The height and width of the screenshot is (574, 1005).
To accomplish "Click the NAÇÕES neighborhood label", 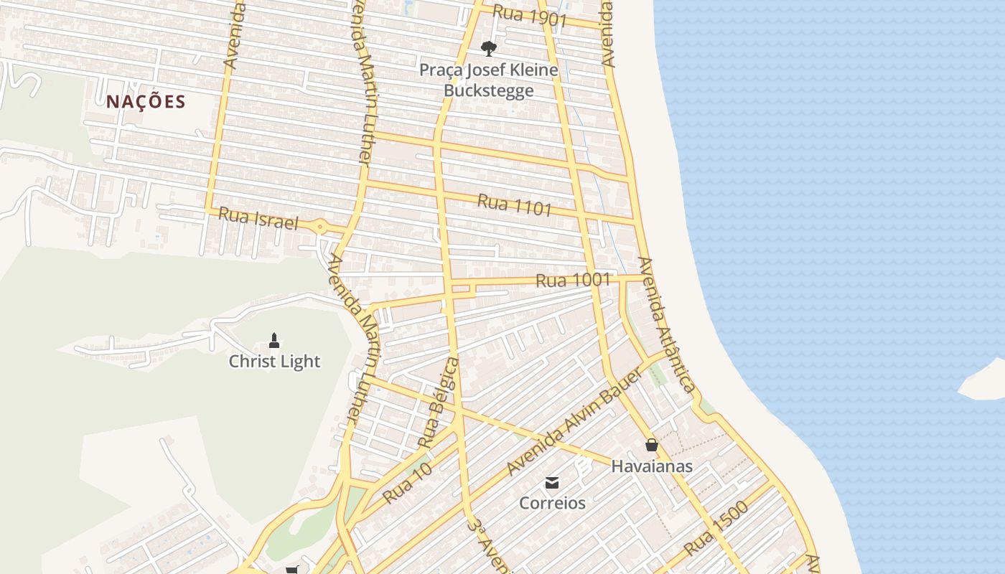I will [x=146, y=102].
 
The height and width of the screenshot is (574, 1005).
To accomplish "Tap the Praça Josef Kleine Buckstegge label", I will [x=489, y=80].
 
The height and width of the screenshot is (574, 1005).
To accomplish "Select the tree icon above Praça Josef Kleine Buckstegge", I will [x=489, y=49].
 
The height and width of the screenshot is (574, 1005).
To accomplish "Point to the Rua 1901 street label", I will [x=530, y=16].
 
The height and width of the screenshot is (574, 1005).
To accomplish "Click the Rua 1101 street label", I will [x=514, y=204].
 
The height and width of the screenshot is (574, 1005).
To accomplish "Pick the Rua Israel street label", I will [x=258, y=218].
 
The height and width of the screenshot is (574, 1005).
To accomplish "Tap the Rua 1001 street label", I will [x=573, y=281].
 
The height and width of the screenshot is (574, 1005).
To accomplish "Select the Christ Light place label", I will [x=274, y=362].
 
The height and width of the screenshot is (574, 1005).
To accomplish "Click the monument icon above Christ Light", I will [x=274, y=340].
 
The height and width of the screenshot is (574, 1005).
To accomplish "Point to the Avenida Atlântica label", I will [x=667, y=325].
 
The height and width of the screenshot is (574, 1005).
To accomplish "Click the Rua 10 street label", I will [x=407, y=483].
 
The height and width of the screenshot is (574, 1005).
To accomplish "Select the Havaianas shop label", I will [x=652, y=466].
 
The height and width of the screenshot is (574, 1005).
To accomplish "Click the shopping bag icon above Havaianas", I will [x=651, y=445].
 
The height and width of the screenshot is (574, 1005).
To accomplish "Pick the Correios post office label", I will [x=552, y=503].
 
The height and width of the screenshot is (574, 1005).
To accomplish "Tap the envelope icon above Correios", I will [x=552, y=482].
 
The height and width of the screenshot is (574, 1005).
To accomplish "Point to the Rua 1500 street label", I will [x=716, y=528].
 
